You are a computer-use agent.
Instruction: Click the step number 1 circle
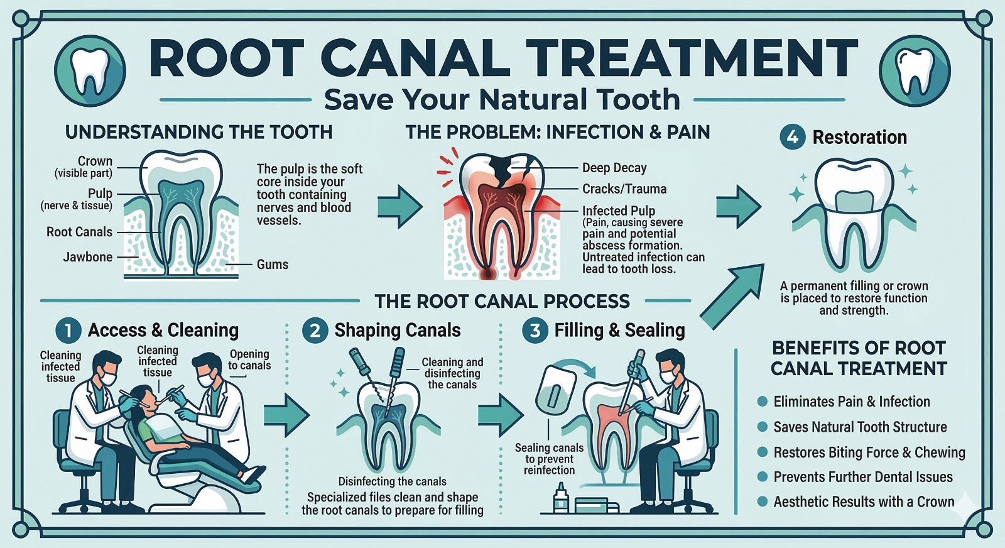pyautogui.click(x=68, y=331)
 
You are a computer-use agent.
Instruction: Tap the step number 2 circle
pyautogui.click(x=315, y=331)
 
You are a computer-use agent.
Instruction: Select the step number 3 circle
pyautogui.click(x=535, y=331)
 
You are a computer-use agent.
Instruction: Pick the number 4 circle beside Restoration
pyautogui.click(x=792, y=137)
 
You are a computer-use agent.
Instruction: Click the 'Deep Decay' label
pyautogui.click(x=614, y=168)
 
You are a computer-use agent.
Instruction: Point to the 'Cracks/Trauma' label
pyautogui.click(x=624, y=189)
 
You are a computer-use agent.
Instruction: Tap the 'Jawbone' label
pyautogui.click(x=88, y=257)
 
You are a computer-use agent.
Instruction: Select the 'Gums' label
pyautogui.click(x=273, y=265)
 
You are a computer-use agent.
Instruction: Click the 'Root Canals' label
pyautogui.click(x=79, y=232)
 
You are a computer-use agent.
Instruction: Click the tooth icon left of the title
pyautogui.click(x=90, y=71)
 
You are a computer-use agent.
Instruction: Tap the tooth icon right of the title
pyautogui.click(x=915, y=71)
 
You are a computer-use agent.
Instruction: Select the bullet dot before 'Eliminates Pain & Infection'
pyautogui.click(x=762, y=401)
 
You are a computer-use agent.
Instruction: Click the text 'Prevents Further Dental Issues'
pyautogui.click(x=863, y=476)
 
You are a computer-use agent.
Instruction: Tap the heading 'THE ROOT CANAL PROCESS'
pyautogui.click(x=502, y=301)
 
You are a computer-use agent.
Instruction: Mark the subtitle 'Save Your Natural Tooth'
pyautogui.click(x=502, y=99)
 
